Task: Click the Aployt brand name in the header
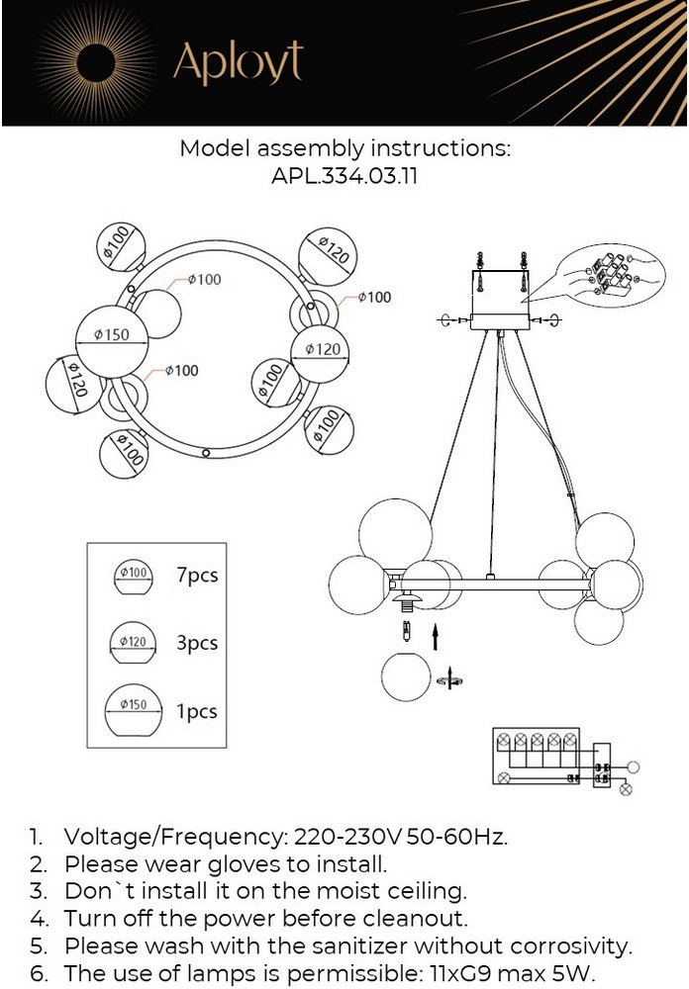coord(238,64)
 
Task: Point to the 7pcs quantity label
coord(196,575)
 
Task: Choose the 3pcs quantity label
coord(196,643)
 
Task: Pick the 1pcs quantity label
coord(196,711)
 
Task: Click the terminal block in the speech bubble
coord(608,272)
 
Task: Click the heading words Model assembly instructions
coord(344,149)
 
